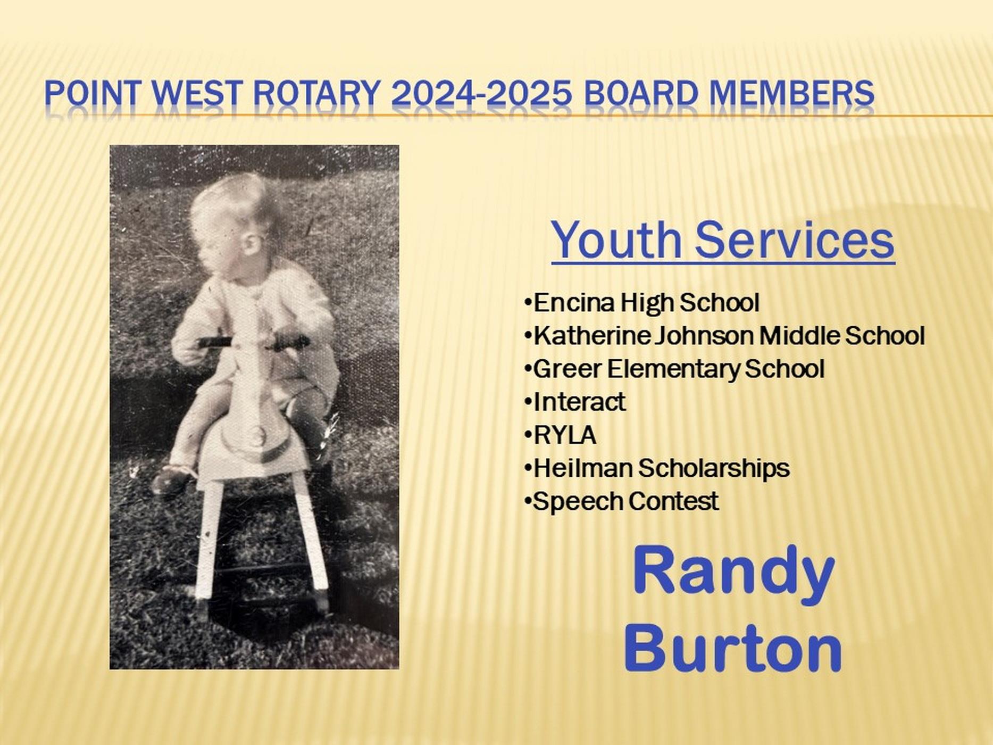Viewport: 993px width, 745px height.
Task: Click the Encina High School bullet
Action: (641, 303)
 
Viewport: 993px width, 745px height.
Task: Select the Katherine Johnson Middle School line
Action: (724, 336)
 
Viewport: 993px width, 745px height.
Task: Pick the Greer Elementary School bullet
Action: (674, 369)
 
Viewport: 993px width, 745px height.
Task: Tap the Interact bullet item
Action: (574, 402)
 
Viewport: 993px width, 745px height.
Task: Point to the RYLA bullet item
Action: (560, 435)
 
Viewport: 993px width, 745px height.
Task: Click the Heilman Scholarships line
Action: (656, 468)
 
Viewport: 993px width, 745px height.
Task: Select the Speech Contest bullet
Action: (621, 501)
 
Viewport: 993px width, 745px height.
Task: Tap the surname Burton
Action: (733, 648)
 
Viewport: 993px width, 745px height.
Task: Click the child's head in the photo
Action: (234, 223)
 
